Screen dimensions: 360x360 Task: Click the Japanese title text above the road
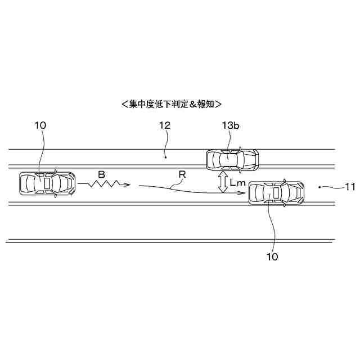tap(171, 104)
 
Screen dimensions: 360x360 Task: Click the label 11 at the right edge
tap(349, 187)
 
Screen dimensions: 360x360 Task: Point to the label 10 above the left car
tap(40, 126)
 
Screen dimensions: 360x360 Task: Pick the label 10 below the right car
tap(272, 256)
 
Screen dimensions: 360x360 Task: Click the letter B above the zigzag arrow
tap(101, 175)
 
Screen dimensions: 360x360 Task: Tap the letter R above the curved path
tap(182, 175)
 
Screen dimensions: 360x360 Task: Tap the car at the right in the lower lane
tap(276, 193)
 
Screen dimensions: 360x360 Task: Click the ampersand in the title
tap(193, 104)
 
